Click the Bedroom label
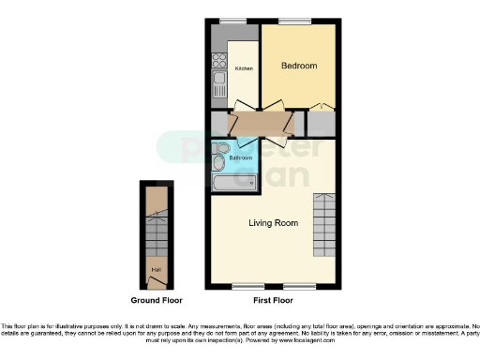(299, 66)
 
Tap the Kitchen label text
(244, 69)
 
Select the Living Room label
(273, 223)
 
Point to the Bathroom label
(240, 158)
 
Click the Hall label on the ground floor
(155, 273)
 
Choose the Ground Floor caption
(157, 300)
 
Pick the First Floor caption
(273, 300)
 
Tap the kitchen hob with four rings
(218, 61)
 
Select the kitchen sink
(218, 90)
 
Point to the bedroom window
(294, 22)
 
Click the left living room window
(247, 285)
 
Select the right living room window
(298, 285)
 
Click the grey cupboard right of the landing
(321, 123)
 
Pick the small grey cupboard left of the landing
(219, 124)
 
